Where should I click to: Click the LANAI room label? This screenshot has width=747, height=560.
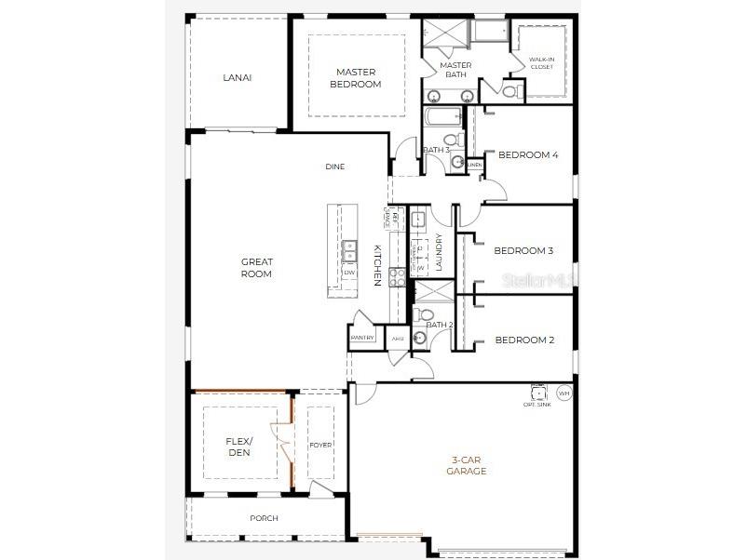pyautogui.click(x=237, y=77)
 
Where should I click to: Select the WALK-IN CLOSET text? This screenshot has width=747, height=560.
pyautogui.click(x=541, y=62)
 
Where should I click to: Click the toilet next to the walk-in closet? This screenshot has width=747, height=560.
pyautogui.click(x=509, y=91)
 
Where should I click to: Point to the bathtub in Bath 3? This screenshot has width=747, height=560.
pyautogui.click(x=442, y=118)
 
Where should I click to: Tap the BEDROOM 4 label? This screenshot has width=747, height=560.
pyautogui.click(x=528, y=154)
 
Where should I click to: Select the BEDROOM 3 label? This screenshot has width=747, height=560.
pyautogui.click(x=523, y=250)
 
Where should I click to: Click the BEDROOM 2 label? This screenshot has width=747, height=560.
pyautogui.click(x=523, y=340)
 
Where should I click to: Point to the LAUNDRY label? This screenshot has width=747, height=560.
pyautogui.click(x=439, y=251)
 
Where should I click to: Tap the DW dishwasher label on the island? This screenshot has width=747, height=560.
pyautogui.click(x=348, y=273)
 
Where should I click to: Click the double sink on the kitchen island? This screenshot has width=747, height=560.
pyautogui.click(x=348, y=250)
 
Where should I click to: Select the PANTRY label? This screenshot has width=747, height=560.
pyautogui.click(x=362, y=338)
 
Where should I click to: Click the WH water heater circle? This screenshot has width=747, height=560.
pyautogui.click(x=564, y=393)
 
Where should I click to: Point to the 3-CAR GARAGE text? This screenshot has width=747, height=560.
pyautogui.click(x=469, y=465)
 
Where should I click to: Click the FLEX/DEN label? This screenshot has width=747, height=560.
pyautogui.click(x=239, y=447)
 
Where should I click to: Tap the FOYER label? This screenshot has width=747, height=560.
pyautogui.click(x=320, y=445)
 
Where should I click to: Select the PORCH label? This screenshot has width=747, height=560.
pyautogui.click(x=264, y=518)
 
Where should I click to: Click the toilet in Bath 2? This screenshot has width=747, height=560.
pyautogui.click(x=420, y=339)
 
